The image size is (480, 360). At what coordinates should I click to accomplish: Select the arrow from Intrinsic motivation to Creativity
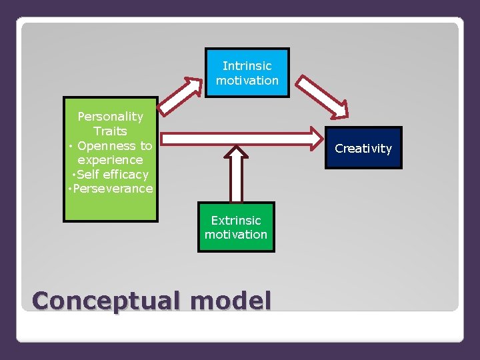[x=322, y=95]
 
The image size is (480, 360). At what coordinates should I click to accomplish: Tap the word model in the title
[x=231, y=301]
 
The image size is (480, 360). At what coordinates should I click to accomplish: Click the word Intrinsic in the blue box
[x=247, y=66]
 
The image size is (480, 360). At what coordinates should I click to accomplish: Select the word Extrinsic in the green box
[x=236, y=220]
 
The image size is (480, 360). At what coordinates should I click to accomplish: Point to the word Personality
[x=110, y=117]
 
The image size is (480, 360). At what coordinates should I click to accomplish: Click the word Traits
[x=110, y=131]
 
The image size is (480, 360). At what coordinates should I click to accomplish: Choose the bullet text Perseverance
[x=113, y=189]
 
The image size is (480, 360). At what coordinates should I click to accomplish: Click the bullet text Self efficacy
[x=112, y=174]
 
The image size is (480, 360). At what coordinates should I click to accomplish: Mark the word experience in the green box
[x=110, y=160]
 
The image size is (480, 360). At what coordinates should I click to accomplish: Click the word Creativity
[x=363, y=149]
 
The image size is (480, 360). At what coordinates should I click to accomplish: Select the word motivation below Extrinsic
[x=236, y=235]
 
